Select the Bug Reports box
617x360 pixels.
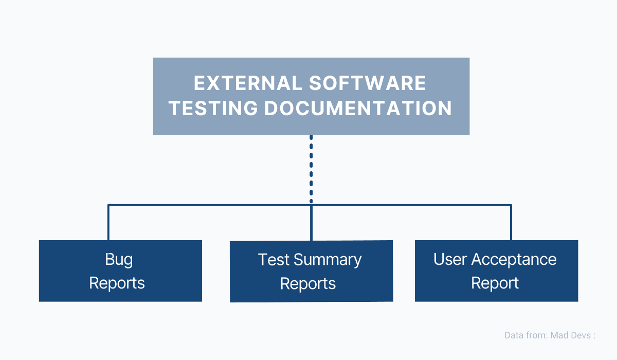click(120, 271)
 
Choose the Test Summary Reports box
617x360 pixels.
click(311, 271)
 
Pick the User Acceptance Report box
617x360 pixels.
click(496, 271)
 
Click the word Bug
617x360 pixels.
click(119, 259)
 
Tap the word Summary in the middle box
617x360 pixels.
click(328, 260)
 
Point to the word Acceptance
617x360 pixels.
click(515, 259)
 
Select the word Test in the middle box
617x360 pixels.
click(274, 260)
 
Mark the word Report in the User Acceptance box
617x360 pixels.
click(495, 283)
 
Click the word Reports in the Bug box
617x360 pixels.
click(117, 283)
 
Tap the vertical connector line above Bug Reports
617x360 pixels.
click(108, 223)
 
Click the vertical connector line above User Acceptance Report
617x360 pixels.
click(511, 223)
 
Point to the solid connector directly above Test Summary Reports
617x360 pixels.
click(311, 223)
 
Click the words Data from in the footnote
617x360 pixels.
click(526, 335)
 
